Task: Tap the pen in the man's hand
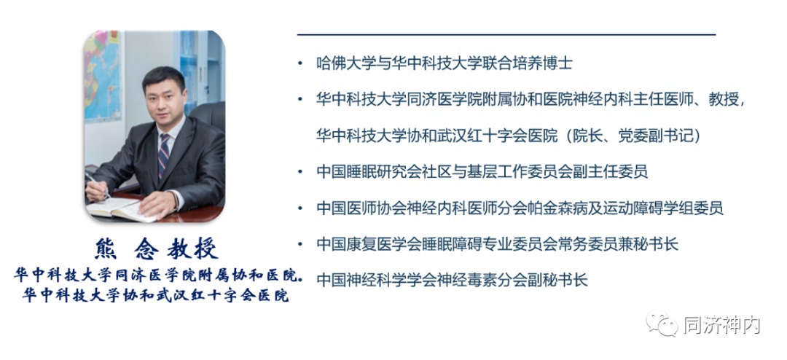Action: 98,185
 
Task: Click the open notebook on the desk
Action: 120,209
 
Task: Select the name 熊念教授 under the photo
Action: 156,249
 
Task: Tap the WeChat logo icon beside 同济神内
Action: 662,324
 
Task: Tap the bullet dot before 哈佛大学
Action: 299,64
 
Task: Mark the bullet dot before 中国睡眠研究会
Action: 299,172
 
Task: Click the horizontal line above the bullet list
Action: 506,35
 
